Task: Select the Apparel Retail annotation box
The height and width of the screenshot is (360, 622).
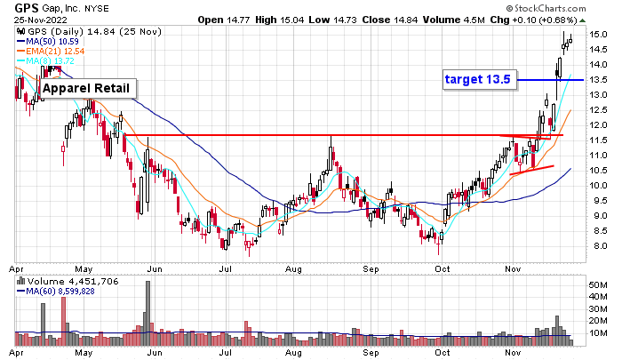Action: pyautogui.click(x=88, y=88)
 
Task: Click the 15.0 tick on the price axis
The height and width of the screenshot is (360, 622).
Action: pyautogui.click(x=599, y=35)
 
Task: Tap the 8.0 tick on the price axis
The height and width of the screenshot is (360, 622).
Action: pyautogui.click(x=599, y=246)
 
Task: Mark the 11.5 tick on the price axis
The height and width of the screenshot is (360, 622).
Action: pyautogui.click(x=599, y=140)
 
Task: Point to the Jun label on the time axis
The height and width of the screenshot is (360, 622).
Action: pyautogui.click(x=155, y=267)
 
